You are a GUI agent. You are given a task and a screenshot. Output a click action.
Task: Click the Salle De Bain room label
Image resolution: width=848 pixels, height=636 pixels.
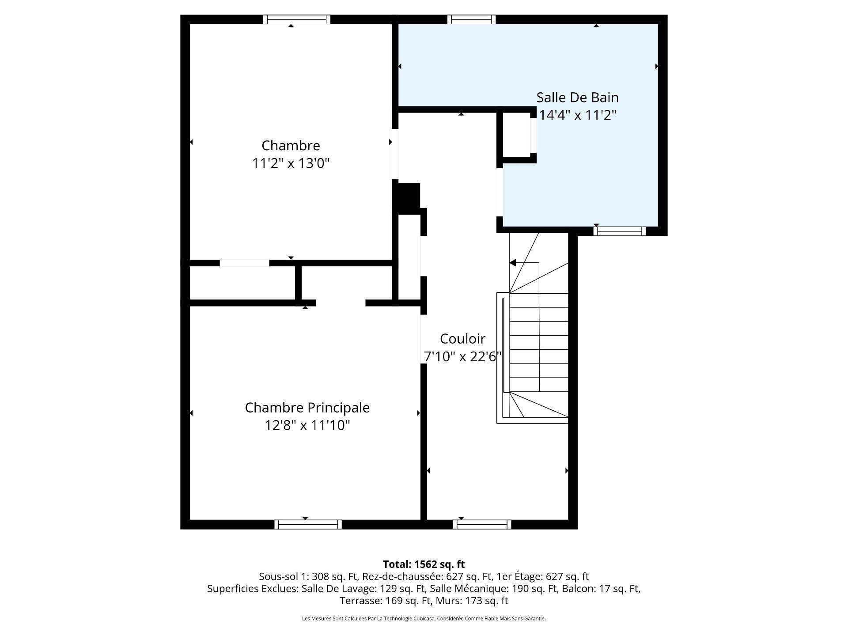(x=577, y=97)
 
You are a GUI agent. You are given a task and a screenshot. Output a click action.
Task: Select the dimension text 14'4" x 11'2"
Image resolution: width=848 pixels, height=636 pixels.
(x=577, y=115)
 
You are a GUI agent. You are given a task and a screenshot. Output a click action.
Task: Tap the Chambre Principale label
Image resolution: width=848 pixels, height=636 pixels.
(x=307, y=407)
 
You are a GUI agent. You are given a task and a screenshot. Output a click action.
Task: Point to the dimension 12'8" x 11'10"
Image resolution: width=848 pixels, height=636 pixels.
(x=307, y=425)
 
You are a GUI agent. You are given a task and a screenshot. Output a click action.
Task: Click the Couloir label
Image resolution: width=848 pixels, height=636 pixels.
(x=462, y=339)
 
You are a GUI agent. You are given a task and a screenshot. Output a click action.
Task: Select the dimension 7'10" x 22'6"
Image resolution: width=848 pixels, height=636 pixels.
(x=462, y=356)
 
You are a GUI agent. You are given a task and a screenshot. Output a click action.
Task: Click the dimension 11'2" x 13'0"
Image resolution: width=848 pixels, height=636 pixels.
(x=291, y=163)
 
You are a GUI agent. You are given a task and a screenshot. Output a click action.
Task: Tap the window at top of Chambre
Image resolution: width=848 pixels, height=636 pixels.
(x=297, y=19)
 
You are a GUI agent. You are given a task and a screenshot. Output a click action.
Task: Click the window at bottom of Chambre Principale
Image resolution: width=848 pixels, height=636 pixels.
(x=308, y=524)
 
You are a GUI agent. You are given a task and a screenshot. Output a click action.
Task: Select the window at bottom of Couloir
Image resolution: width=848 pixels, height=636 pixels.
(x=482, y=524)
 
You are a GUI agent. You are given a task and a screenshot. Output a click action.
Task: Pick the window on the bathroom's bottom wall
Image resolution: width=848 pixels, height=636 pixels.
(x=619, y=231)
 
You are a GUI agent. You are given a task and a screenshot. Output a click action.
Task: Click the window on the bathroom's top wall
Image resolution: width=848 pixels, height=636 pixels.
(x=471, y=19)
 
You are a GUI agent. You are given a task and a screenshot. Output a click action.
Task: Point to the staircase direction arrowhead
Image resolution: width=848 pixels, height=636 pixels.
(x=513, y=263)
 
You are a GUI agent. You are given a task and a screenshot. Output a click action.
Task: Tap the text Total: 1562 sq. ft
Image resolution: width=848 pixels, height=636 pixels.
(x=424, y=564)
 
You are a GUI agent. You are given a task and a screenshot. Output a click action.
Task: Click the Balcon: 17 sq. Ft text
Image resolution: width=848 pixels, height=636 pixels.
(x=601, y=588)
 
